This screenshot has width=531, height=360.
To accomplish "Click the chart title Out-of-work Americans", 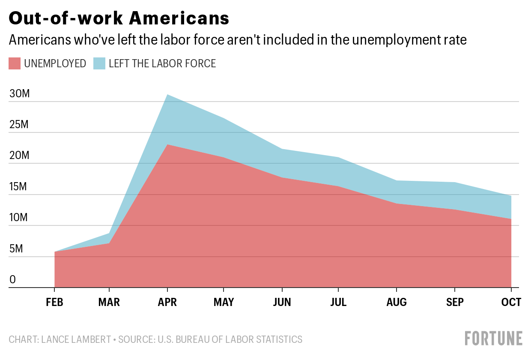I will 119,18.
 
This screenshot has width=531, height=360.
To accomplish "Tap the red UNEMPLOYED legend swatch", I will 15,64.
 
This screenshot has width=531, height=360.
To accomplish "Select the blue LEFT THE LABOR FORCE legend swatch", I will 99,64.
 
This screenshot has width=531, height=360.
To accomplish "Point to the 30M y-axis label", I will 19,94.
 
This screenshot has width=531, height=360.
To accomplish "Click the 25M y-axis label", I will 19,125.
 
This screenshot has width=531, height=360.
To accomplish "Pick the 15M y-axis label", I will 19,187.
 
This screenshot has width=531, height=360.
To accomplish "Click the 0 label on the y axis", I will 12,280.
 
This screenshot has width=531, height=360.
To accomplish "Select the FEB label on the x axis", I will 54,303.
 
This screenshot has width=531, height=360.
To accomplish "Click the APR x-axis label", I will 167,303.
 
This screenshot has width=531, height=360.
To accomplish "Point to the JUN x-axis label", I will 281,303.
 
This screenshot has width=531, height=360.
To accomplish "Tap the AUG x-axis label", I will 397,303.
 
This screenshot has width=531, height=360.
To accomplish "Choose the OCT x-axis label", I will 511,303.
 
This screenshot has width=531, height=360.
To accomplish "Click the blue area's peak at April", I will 167,95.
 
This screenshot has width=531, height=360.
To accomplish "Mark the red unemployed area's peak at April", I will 167,145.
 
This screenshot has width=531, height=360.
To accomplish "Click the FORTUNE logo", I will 494,338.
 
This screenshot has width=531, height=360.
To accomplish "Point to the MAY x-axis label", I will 224,303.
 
